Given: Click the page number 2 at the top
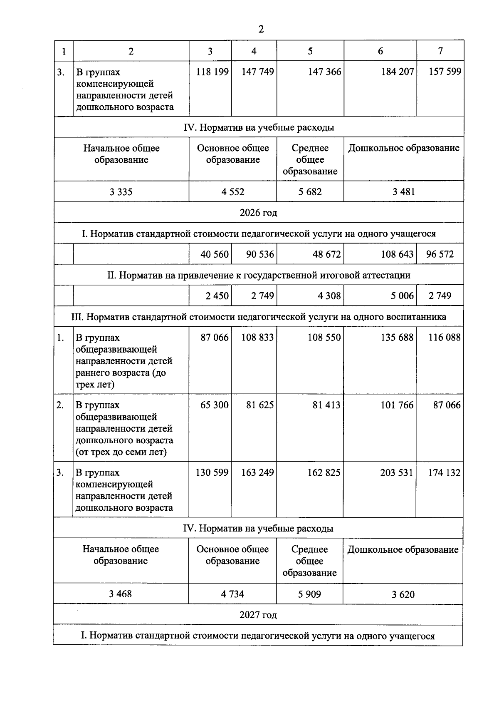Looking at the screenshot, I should click(261, 30).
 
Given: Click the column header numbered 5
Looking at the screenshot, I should click(310, 51).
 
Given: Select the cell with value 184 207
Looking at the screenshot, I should click(397, 72).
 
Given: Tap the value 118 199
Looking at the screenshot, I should click(212, 72).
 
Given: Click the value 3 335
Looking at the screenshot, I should click(121, 192).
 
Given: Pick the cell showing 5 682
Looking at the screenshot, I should click(310, 192).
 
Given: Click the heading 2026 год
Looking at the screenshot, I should click(258, 213).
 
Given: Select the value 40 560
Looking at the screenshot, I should click(215, 254).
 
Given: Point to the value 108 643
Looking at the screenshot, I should click(397, 254).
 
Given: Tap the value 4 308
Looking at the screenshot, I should click(329, 296).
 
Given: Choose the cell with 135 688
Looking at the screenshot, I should click(397, 338).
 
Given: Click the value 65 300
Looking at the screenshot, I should click(215, 405).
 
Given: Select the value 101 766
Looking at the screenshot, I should click(397, 405).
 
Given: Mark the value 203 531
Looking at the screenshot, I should click(397, 473).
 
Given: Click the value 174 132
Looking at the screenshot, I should click(444, 473).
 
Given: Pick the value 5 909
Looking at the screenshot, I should click(309, 594).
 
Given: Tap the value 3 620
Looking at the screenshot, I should click(403, 594).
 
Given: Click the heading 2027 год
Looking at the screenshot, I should click(258, 615).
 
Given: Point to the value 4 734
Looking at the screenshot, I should click(232, 594).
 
